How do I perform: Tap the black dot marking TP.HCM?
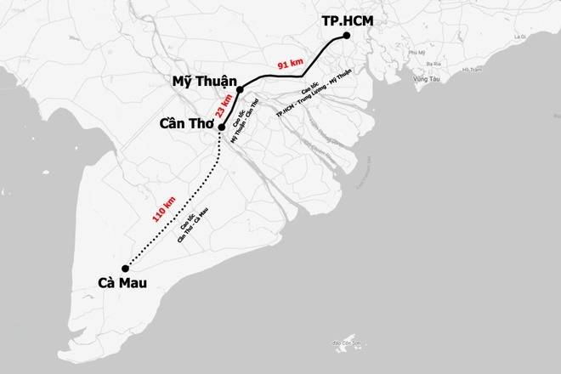point(347,37)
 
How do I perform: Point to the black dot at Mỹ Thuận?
point(241,89)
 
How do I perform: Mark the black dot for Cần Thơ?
point(222,127)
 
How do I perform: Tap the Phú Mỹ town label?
point(414,53)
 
